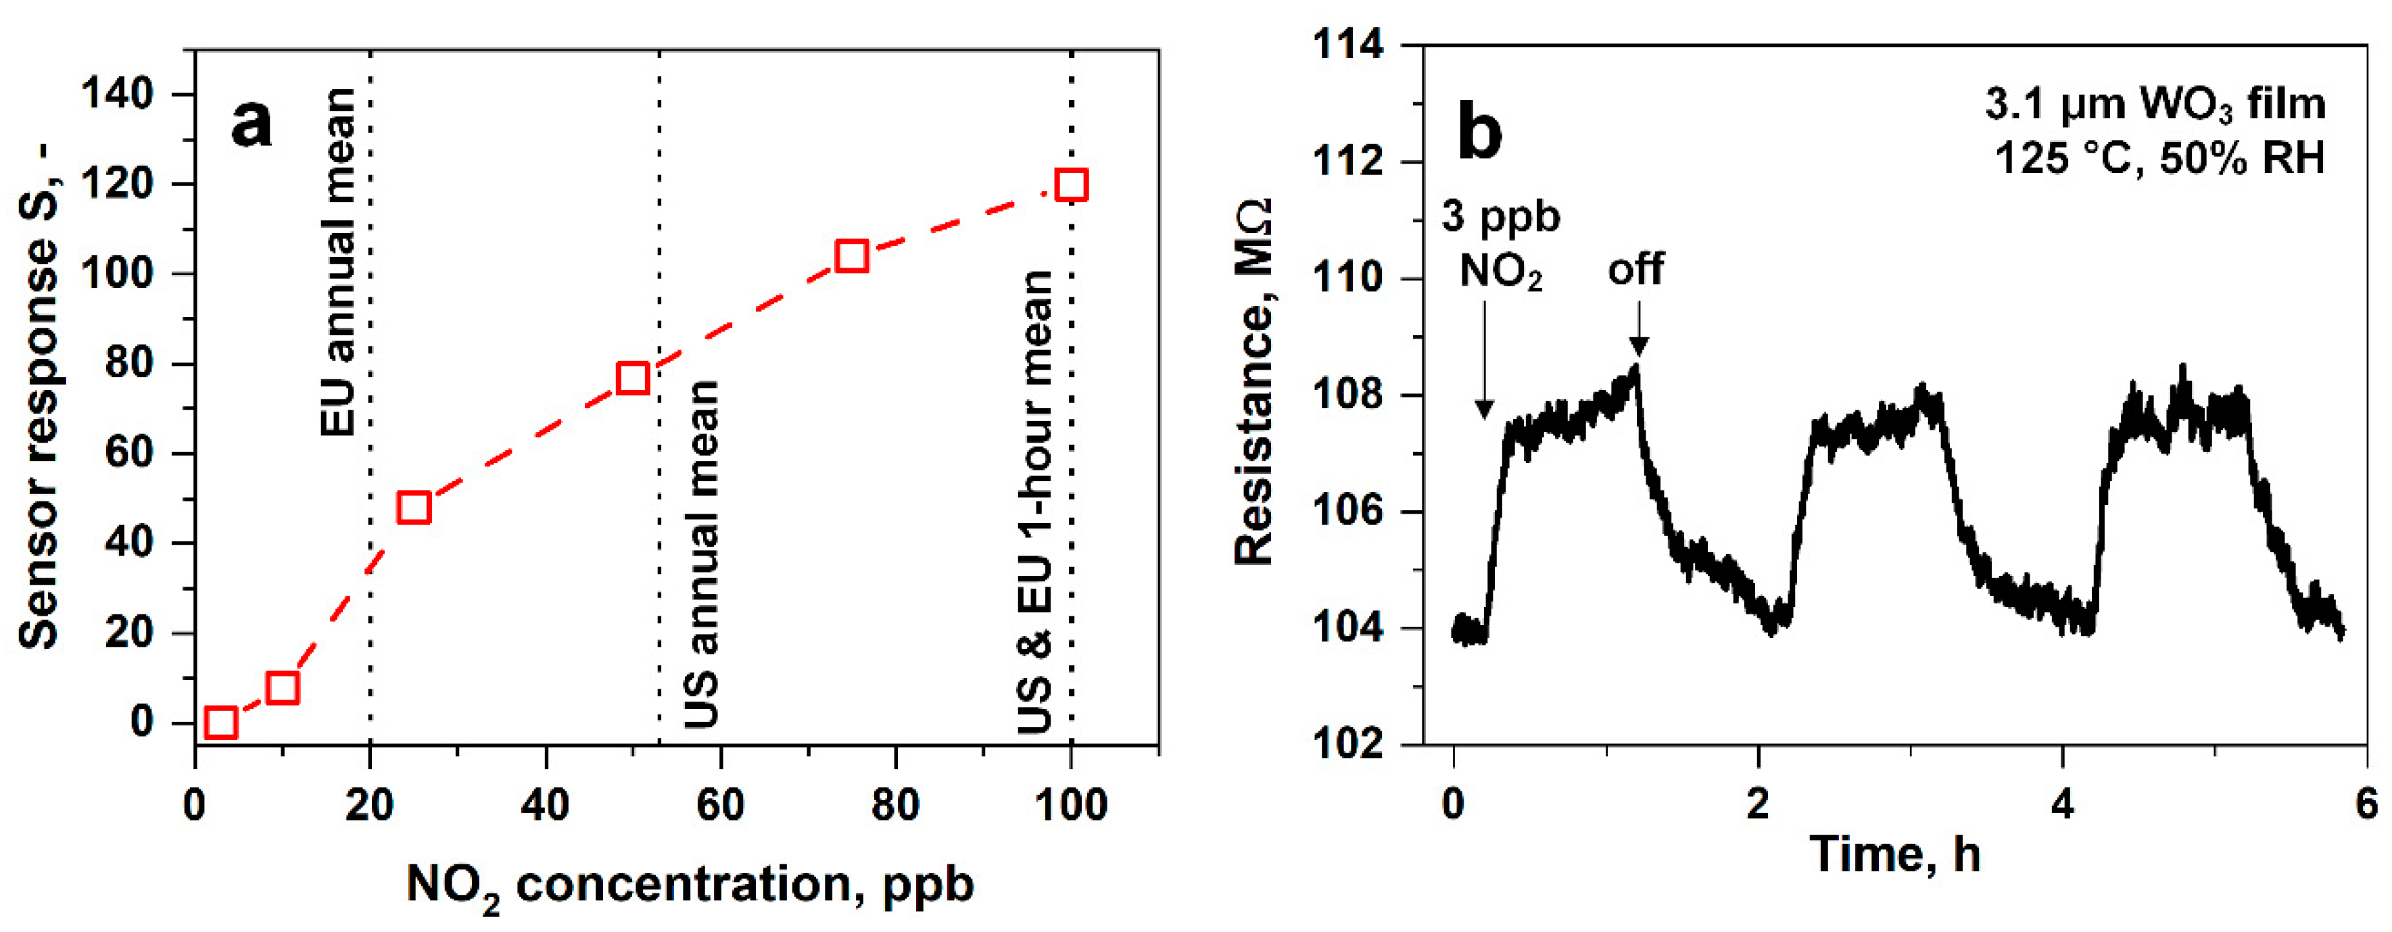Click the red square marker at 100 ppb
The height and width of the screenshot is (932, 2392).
click(1071, 185)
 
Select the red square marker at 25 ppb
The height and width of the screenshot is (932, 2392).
click(413, 508)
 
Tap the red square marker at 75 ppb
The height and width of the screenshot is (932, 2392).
click(851, 255)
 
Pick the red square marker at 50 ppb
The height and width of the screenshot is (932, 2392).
click(632, 378)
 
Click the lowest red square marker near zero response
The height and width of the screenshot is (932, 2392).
click(220, 722)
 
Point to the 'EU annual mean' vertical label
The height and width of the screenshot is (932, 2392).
click(338, 263)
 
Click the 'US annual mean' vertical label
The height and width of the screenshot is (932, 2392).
click(702, 554)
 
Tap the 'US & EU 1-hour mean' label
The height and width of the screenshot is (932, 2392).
click(1035, 501)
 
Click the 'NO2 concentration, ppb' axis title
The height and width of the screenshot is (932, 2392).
click(690, 885)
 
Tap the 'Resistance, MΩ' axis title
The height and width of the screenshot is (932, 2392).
click(1253, 381)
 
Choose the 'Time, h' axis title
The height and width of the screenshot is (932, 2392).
click(1894, 854)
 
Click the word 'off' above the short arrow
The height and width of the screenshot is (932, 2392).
click(1636, 269)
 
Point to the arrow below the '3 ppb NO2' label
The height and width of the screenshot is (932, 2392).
click(1484, 362)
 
